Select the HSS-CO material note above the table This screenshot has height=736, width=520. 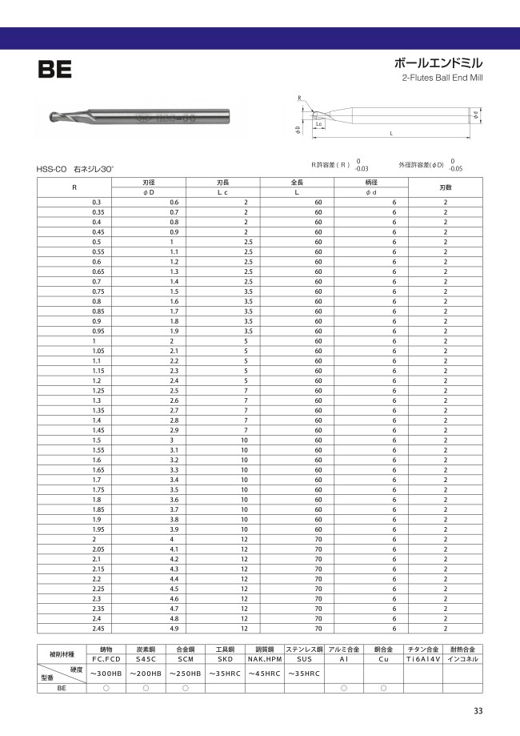(x=53, y=170)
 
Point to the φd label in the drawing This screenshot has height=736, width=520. (x=476, y=115)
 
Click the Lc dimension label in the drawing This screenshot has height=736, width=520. (x=319, y=125)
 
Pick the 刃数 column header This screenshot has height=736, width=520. (x=446, y=187)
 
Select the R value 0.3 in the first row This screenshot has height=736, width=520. (x=97, y=202)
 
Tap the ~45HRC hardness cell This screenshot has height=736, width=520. (x=264, y=674)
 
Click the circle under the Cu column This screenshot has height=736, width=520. (x=383, y=688)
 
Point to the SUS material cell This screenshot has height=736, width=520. (x=303, y=659)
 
